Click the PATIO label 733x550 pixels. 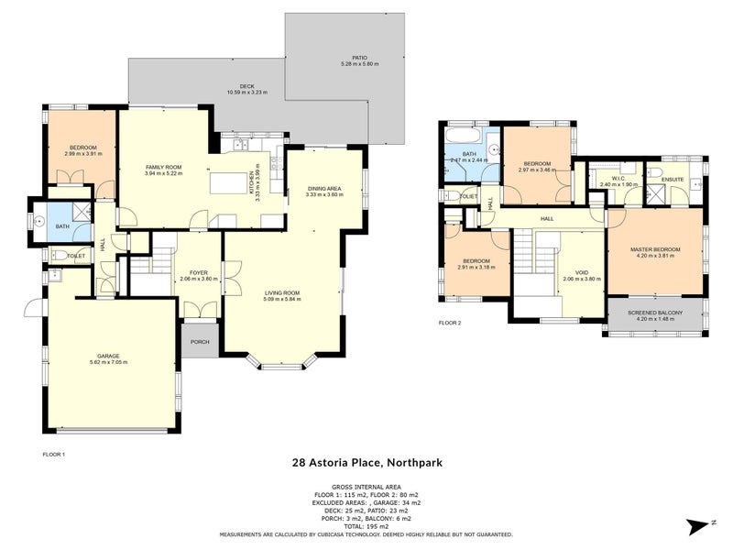coord(359,58)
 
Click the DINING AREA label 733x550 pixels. coord(323,188)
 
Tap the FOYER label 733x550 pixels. coord(198,272)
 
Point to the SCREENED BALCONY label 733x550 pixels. coord(654,313)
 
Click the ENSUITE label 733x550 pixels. coord(673,179)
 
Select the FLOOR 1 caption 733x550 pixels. coord(54,454)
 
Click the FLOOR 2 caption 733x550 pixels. coord(450,323)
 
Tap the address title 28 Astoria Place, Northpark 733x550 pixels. coord(366,463)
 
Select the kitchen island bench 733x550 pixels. coord(233,183)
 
